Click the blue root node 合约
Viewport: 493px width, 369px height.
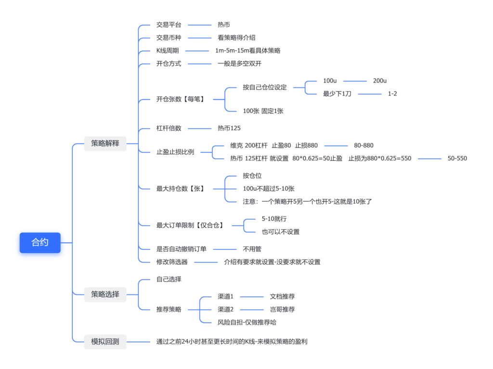40,243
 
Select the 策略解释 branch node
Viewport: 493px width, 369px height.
105,143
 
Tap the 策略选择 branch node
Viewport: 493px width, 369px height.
105,294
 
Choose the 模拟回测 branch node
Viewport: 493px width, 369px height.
105,342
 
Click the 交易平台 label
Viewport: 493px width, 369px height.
169,25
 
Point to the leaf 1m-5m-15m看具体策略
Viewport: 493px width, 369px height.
247,50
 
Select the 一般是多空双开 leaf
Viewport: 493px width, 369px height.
240,63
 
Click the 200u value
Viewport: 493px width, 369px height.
380,81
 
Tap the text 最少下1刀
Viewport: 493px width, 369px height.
337,94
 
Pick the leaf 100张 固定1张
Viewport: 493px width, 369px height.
263,111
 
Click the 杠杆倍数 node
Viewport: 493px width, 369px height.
169,128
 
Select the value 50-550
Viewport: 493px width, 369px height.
457,158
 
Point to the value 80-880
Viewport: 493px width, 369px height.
363,145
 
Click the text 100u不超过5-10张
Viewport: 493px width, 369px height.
269,188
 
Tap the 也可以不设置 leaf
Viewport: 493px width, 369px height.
280,232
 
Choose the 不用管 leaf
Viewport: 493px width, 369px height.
252,249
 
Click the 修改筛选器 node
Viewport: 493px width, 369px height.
172,262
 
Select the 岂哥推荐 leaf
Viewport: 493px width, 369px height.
282,309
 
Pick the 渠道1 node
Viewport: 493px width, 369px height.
225,296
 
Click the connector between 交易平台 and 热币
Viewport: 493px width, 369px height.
199,25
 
